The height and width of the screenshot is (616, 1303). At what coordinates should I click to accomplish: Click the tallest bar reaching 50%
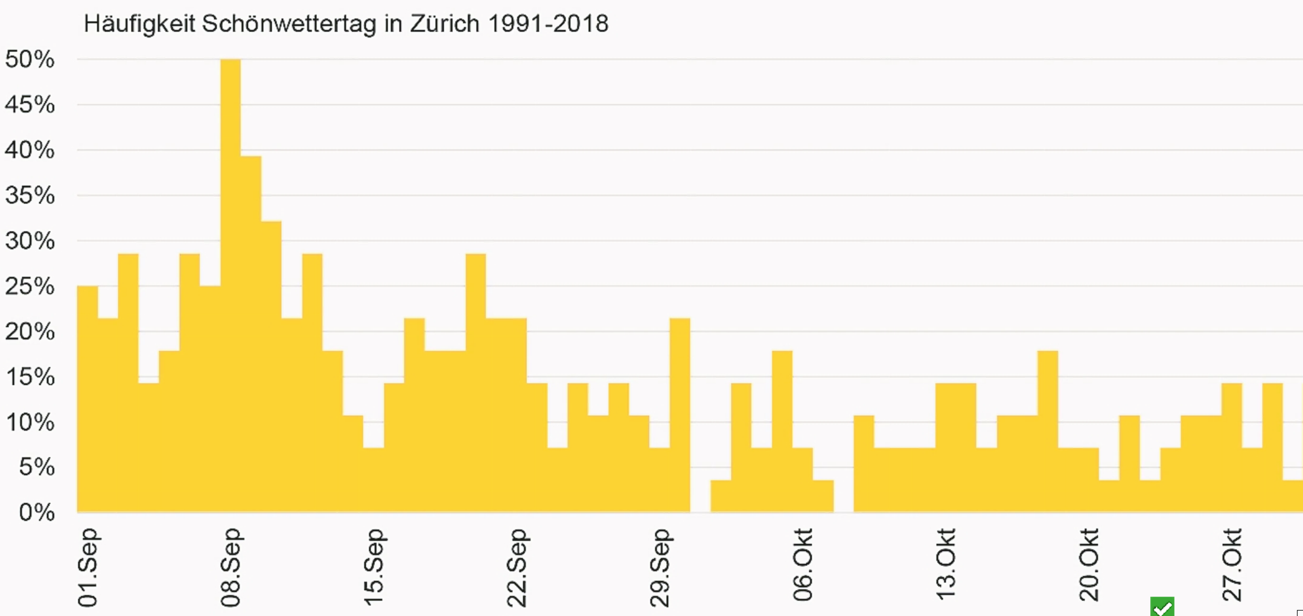(x=230, y=283)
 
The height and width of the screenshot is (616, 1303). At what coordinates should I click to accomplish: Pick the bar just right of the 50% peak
(x=251, y=334)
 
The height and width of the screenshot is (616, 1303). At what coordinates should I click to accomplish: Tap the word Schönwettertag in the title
(x=289, y=24)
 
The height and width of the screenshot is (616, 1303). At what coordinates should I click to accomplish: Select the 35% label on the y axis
(x=29, y=195)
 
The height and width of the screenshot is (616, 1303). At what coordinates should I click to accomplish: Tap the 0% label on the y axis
(x=37, y=512)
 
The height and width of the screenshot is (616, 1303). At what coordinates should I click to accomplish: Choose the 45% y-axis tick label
(x=29, y=105)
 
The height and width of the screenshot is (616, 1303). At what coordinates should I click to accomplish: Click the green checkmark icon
(x=1162, y=606)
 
